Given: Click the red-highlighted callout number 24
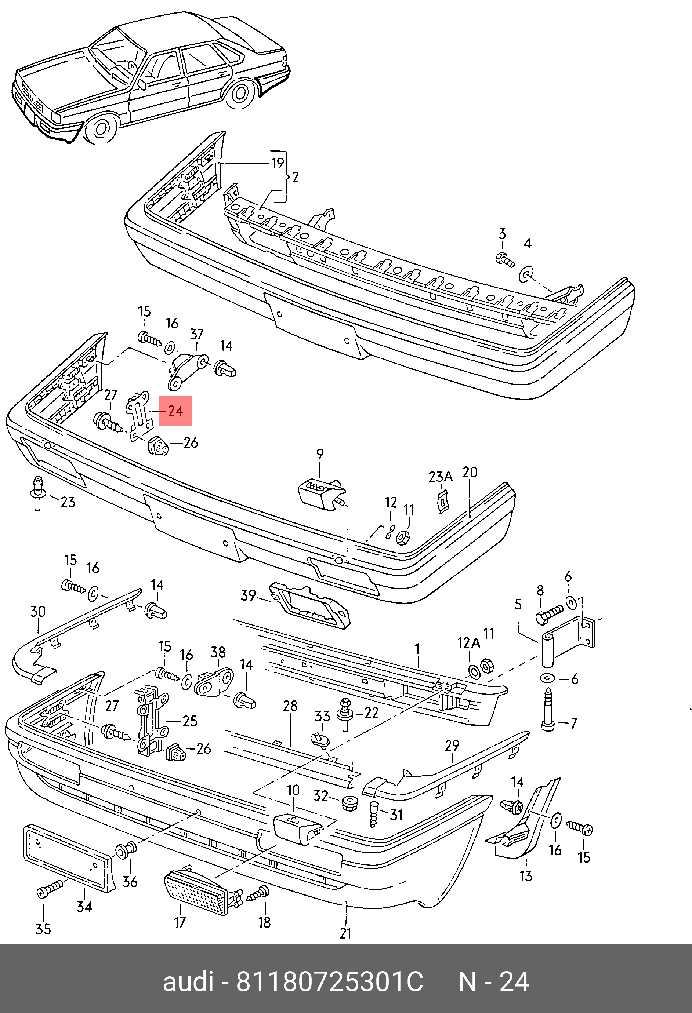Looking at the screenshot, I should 175,411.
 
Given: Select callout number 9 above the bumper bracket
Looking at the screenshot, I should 320,454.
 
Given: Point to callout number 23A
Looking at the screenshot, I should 441,477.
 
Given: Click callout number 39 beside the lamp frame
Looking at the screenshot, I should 248,595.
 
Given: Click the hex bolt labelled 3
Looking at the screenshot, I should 505,259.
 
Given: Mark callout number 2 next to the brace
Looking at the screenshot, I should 295,177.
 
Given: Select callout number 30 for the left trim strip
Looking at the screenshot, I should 38,612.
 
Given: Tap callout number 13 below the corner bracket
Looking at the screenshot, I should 526,876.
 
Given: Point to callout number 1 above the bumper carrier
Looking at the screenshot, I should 417,649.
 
